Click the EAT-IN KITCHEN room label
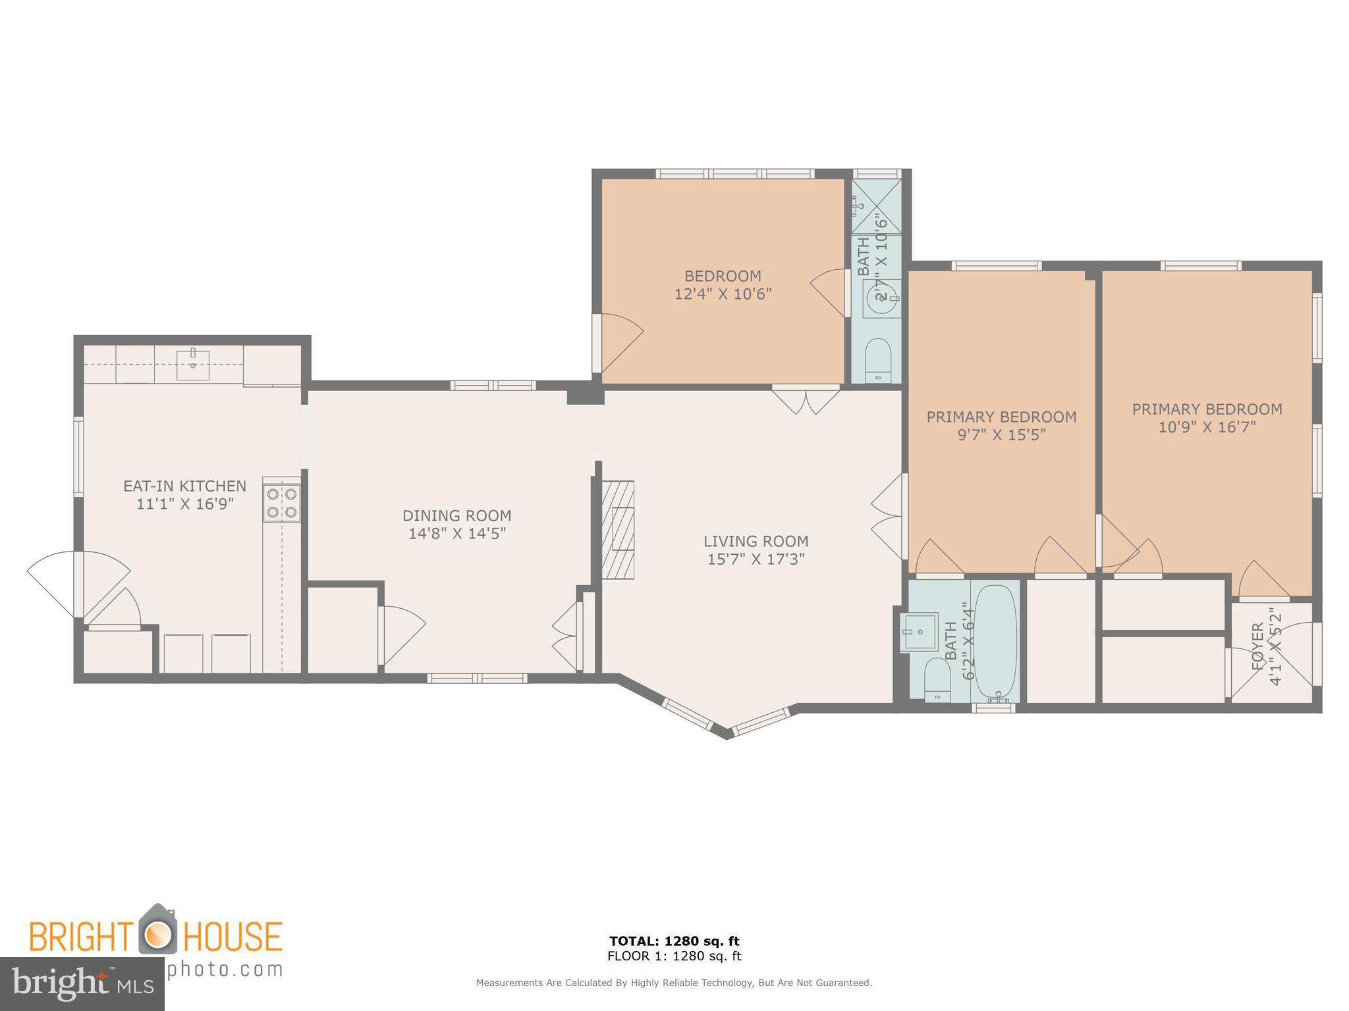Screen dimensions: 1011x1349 click(184, 486)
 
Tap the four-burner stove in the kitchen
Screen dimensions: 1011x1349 click(282, 503)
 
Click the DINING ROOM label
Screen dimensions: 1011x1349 click(456, 515)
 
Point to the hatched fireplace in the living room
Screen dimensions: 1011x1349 click(619, 529)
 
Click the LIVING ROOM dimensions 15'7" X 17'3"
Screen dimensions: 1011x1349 click(756, 559)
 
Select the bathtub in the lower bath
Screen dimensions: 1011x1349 click(995, 642)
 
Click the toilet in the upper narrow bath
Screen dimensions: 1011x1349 click(877, 360)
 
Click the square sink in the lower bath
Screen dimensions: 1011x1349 click(920, 632)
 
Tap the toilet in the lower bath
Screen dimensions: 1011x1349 click(937, 679)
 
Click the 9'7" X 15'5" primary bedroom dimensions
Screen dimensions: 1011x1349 click(1001, 435)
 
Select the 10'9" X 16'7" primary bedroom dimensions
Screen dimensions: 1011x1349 click(1207, 427)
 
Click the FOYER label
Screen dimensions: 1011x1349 click(1257, 646)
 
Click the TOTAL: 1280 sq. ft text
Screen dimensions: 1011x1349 click(674, 941)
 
